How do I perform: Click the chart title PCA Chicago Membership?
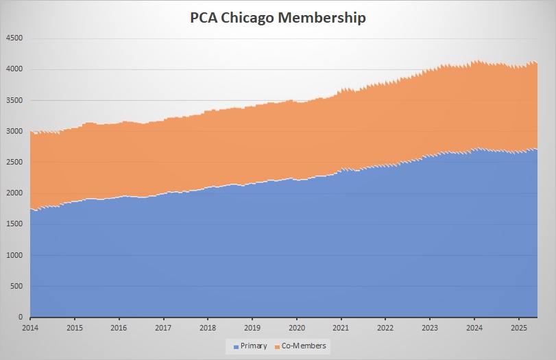pos(278,18)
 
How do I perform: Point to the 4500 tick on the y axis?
pos(14,38)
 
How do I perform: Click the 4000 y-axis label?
pos(14,69)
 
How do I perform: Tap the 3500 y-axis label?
pos(14,100)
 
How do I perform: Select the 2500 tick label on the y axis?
pos(14,163)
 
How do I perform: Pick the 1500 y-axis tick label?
pos(14,224)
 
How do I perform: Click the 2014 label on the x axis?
pos(30,328)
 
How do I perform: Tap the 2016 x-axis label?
pos(119,328)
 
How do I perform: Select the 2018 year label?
pos(208,328)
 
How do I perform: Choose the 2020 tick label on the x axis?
pos(297,328)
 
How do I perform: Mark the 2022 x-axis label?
pos(385,328)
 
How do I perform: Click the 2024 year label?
pos(474,328)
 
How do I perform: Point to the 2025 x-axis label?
pos(518,328)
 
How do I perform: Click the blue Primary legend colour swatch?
pos(237,347)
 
